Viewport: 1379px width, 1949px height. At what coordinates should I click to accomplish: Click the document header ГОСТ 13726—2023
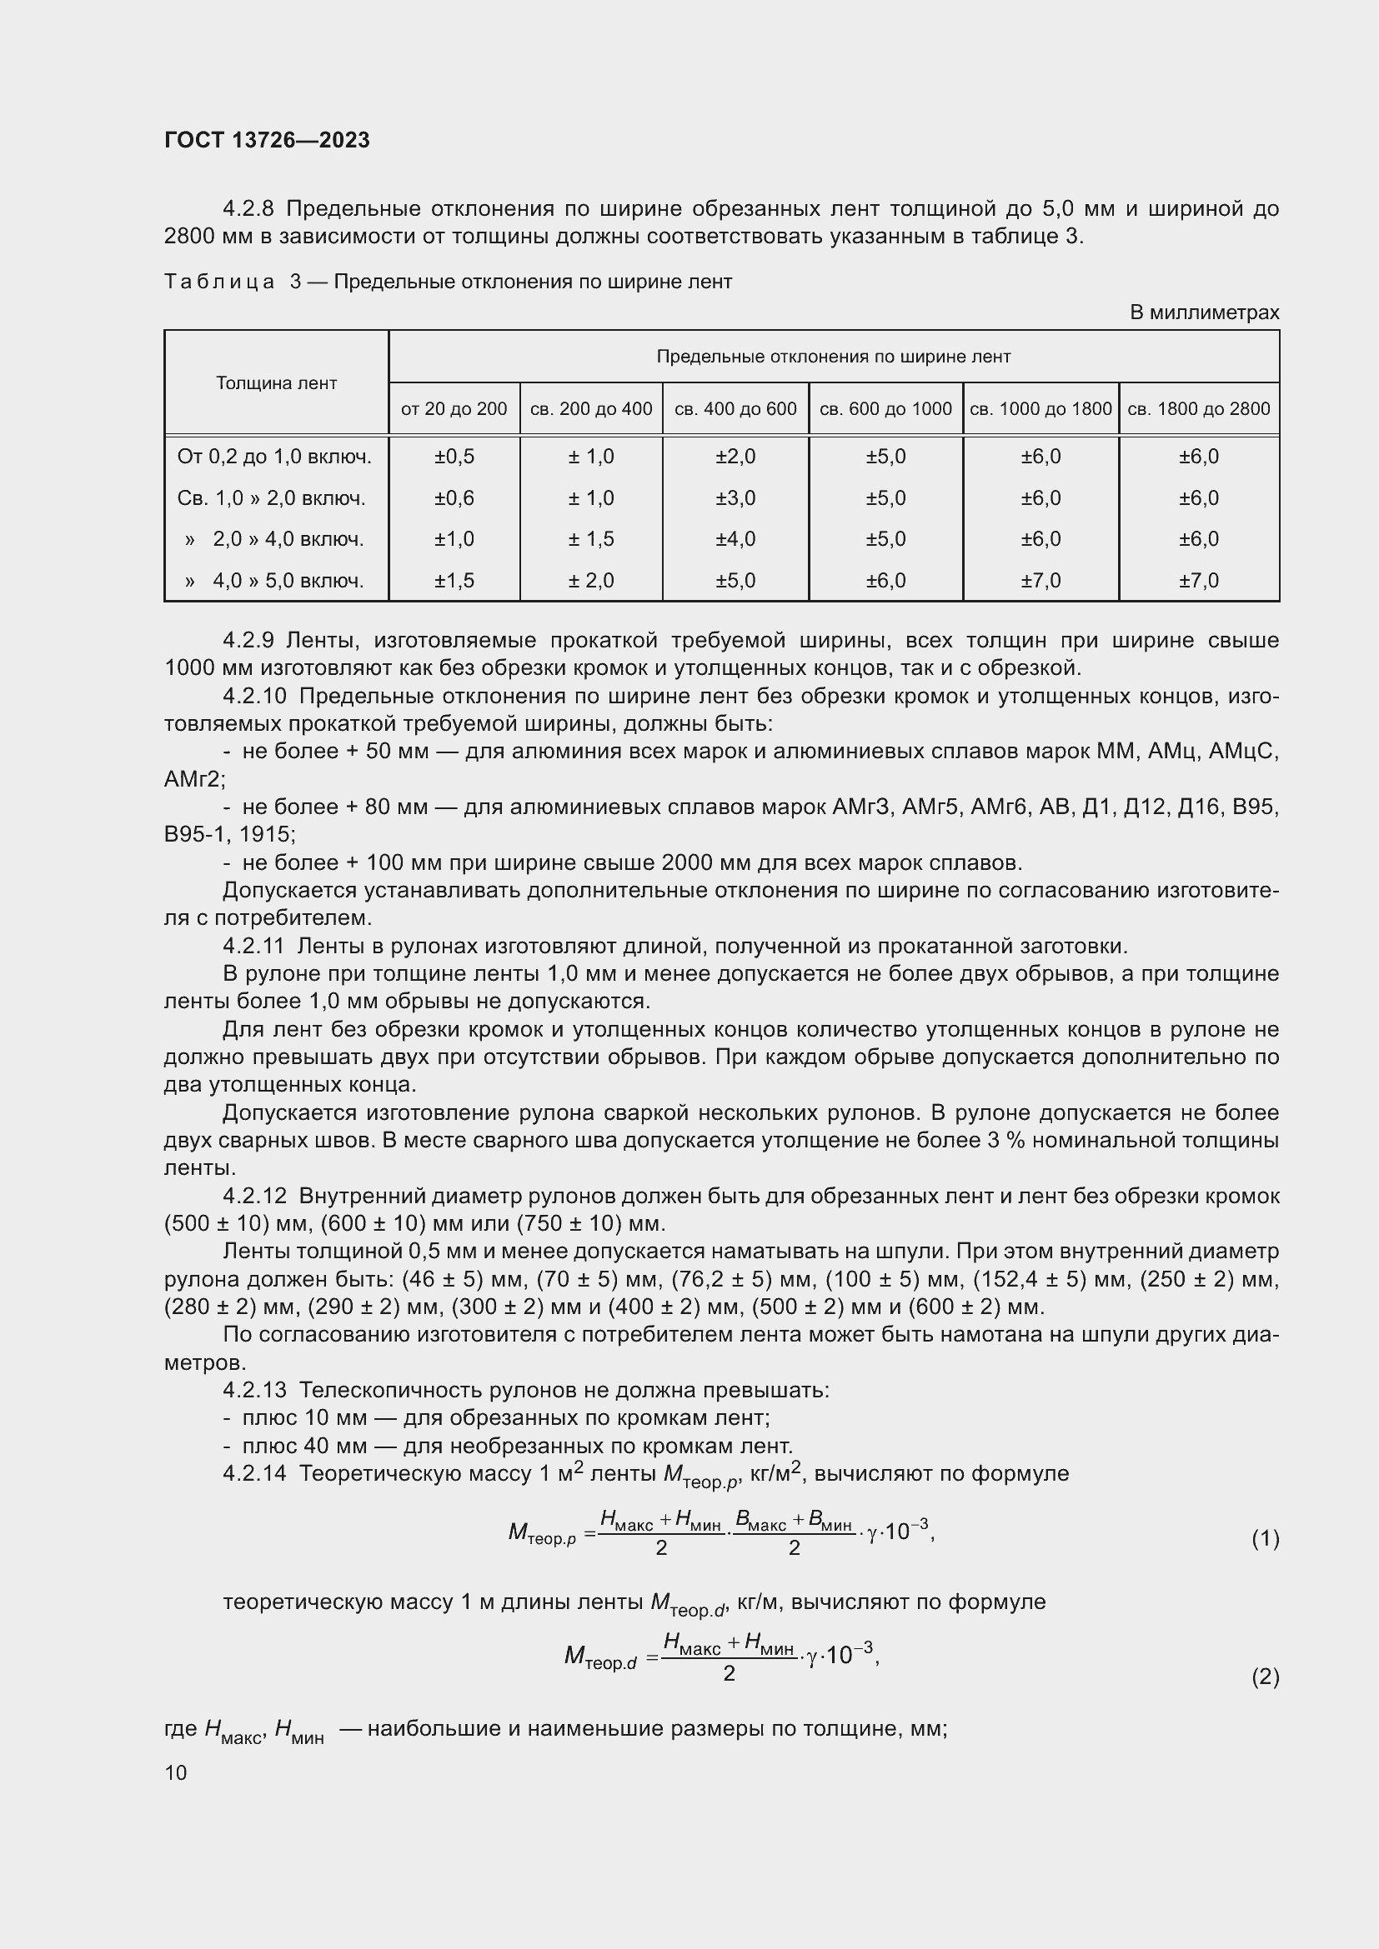[267, 140]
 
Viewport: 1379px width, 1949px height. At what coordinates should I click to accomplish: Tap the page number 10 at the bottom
[176, 1772]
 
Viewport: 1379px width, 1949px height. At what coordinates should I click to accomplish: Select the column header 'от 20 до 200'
[454, 409]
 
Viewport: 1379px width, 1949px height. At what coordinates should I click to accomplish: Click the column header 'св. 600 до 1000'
[885, 409]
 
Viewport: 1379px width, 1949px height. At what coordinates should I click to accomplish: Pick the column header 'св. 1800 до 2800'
[1198, 409]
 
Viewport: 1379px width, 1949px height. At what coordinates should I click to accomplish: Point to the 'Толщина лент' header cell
[276, 382]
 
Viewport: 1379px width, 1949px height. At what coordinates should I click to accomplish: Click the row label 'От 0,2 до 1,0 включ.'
[274, 457]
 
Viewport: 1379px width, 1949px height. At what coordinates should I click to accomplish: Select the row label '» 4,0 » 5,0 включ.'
[274, 581]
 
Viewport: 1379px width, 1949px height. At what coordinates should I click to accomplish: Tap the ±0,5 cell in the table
[454, 457]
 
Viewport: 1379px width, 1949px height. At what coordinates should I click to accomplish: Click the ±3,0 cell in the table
[735, 498]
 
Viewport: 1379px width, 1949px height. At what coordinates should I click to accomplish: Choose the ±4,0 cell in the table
[735, 539]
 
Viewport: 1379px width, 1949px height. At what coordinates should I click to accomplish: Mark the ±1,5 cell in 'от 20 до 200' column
[454, 581]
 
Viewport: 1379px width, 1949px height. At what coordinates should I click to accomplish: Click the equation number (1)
[1265, 1538]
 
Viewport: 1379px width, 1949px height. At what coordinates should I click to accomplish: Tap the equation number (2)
[1265, 1677]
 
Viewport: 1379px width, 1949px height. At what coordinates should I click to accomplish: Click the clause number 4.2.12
[255, 1196]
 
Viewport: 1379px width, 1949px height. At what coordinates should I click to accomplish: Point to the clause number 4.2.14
[255, 1472]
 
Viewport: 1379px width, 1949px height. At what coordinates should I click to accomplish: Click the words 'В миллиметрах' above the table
[1203, 312]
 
